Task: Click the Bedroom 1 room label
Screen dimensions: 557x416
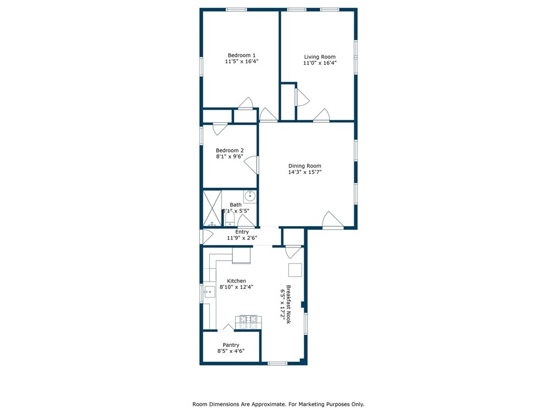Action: coord(242,55)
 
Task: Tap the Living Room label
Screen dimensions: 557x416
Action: coord(320,57)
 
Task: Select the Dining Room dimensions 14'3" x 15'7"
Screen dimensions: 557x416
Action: coord(305,172)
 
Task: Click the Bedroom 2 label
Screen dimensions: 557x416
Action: coord(230,150)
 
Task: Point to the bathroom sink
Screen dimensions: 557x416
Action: coord(250,196)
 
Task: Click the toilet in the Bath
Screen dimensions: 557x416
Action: coord(230,218)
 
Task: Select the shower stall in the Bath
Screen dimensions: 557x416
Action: coord(212,209)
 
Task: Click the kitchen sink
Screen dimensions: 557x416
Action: coord(209,292)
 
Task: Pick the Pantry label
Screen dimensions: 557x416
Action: coord(231,345)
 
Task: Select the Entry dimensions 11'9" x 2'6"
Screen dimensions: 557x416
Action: coord(242,238)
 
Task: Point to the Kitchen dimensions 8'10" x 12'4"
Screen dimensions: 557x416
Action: coord(236,287)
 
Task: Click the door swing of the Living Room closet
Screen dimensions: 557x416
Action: coord(302,97)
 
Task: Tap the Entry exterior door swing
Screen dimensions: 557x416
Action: coord(207,237)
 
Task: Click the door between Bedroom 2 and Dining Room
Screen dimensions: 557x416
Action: coord(252,165)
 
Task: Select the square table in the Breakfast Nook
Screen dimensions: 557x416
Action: coord(295,270)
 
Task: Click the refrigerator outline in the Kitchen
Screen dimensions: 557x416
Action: coord(241,255)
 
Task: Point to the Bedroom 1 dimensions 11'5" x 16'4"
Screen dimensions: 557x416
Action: coord(242,61)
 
